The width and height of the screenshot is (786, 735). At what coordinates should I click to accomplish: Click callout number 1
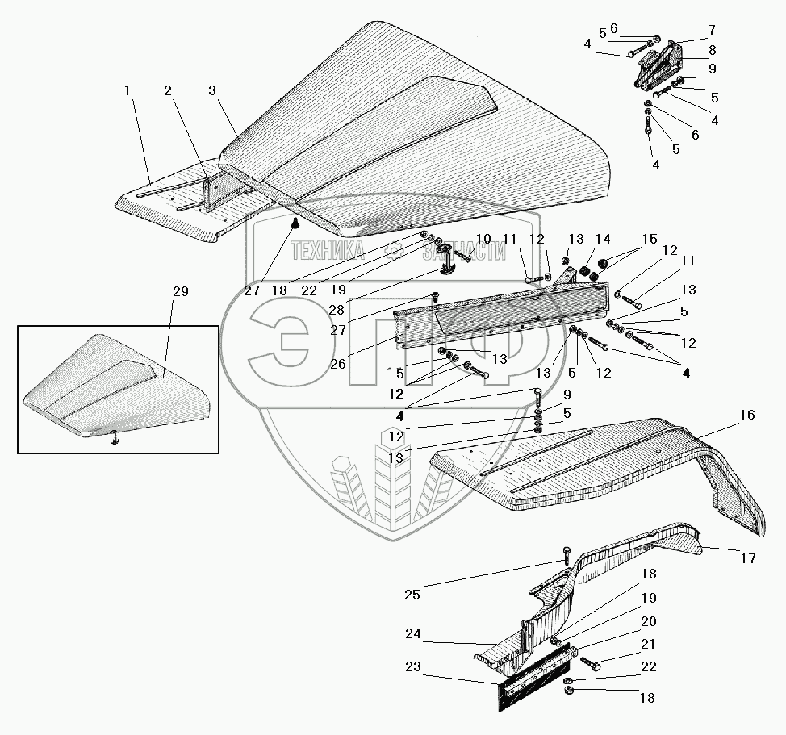127,91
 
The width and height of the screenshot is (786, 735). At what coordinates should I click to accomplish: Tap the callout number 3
211,91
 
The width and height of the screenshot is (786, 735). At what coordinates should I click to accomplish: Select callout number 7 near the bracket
711,30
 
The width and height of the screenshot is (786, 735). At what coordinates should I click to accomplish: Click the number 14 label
604,239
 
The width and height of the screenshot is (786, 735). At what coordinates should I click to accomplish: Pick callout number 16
746,415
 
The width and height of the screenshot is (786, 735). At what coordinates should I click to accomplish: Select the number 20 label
650,621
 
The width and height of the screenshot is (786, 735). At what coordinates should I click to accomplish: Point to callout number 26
337,363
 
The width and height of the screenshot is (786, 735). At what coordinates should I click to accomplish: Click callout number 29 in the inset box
180,291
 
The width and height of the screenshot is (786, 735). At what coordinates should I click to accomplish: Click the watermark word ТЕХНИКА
328,252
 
